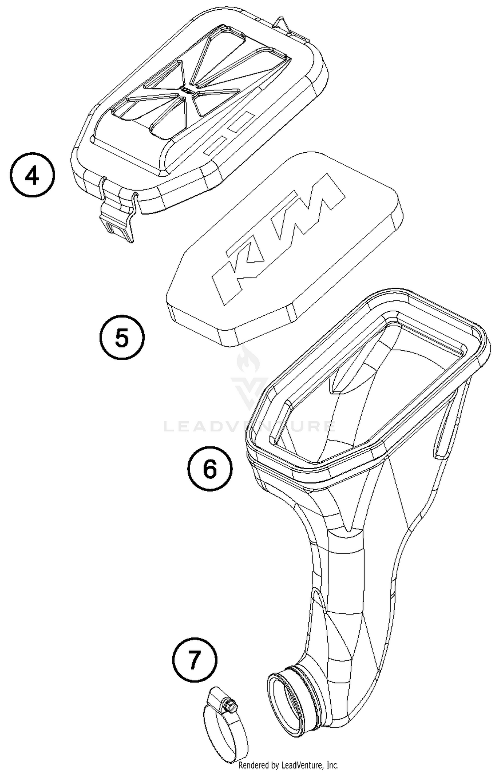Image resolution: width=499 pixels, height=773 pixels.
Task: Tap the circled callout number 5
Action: (122, 337)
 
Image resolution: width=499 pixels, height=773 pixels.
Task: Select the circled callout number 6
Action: (210, 468)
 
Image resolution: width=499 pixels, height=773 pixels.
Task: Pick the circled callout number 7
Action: (195, 660)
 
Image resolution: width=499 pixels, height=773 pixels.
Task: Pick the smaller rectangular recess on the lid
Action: (215, 145)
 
